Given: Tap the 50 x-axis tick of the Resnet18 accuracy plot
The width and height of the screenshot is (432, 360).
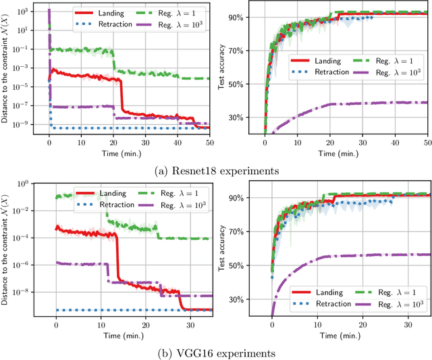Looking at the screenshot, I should click(429, 143).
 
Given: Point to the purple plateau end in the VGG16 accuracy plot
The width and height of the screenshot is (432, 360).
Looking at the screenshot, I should click(427, 255).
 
